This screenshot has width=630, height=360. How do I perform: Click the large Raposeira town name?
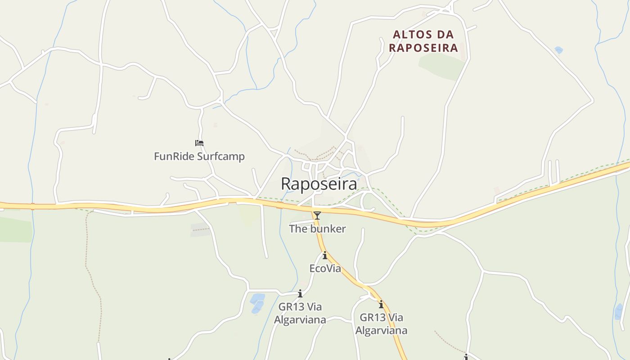point(319,184)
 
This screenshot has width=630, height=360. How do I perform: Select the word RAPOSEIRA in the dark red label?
point(423,48)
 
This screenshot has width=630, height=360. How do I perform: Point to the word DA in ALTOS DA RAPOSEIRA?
point(444,35)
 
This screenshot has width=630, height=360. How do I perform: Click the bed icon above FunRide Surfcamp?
point(199,143)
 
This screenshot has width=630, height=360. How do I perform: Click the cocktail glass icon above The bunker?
point(317,216)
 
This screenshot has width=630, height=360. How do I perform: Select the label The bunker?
point(317,229)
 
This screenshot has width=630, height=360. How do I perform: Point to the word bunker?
point(327,229)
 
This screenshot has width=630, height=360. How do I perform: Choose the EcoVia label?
point(325,269)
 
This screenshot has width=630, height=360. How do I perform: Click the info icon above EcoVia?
point(325,256)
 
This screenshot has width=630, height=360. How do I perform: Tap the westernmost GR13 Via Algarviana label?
point(300,313)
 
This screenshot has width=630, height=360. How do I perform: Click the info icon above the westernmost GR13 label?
point(300,294)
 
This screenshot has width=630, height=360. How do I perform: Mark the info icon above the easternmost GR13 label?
point(381,304)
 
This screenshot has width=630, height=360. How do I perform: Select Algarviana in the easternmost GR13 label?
point(381,330)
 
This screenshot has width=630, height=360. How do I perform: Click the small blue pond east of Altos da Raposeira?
point(559,50)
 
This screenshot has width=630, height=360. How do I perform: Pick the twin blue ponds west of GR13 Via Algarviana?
point(257,303)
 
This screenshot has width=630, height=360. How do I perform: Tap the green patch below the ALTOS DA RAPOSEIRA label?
point(441,66)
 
